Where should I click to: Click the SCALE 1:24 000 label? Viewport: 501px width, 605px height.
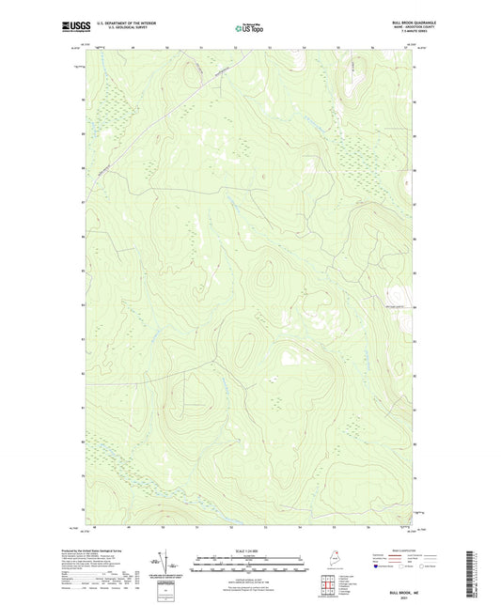tap(247, 551)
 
